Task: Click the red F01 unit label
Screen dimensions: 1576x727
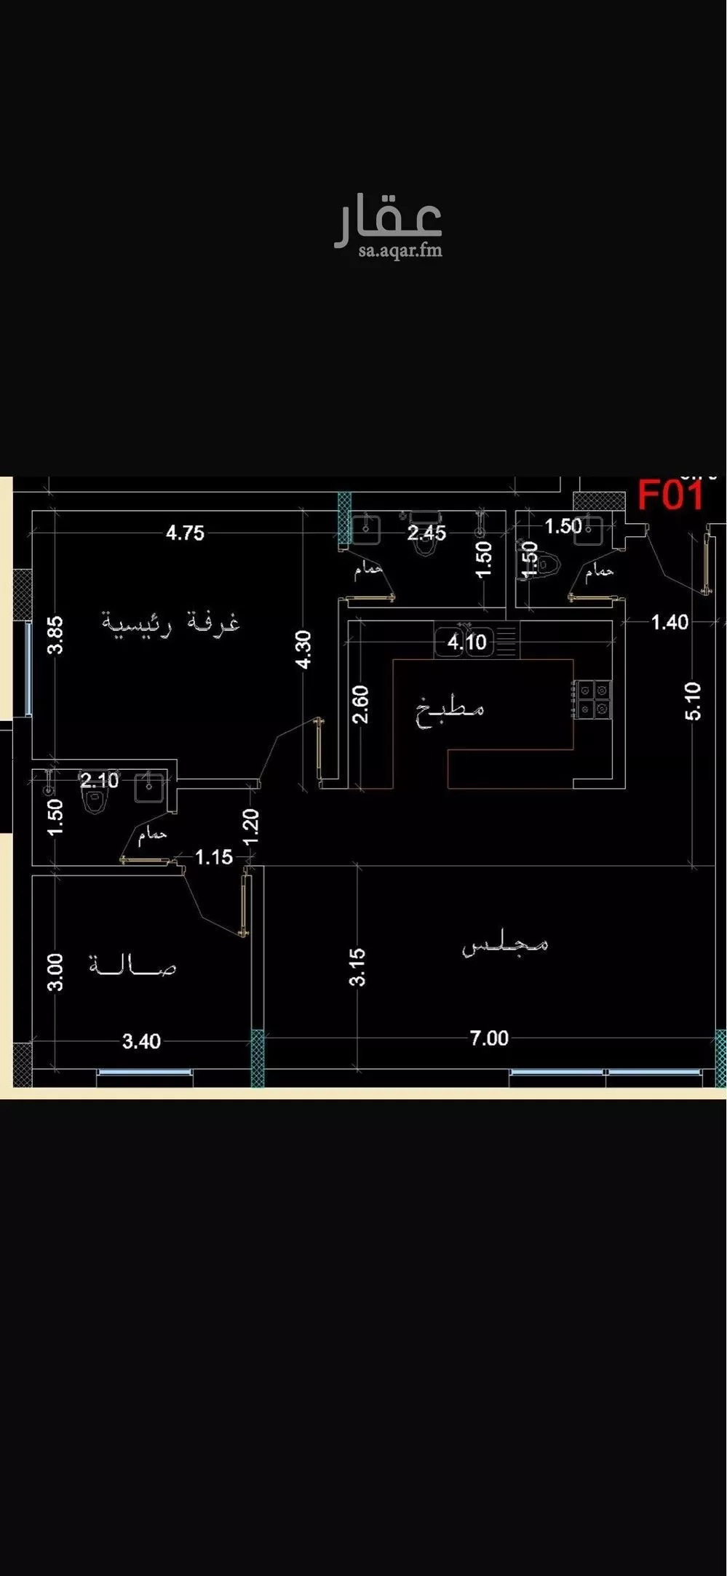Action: click(670, 496)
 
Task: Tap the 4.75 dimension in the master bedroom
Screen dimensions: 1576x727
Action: click(185, 533)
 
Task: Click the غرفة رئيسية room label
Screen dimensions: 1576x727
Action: click(170, 624)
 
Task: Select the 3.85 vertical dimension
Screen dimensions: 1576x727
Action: click(56, 634)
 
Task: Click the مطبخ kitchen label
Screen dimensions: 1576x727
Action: click(450, 709)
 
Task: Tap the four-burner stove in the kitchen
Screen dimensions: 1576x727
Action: click(592, 699)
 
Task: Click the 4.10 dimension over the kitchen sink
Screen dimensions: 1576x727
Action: click(466, 642)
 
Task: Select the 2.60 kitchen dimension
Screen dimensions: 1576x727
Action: click(360, 704)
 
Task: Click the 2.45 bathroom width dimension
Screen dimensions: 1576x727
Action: click(426, 533)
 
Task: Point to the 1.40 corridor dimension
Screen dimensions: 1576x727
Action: click(669, 622)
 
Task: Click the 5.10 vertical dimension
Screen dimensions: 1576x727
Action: click(694, 701)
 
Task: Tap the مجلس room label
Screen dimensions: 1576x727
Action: click(506, 945)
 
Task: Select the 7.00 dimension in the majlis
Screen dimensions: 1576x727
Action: click(489, 1038)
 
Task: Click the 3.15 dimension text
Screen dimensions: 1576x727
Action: click(357, 967)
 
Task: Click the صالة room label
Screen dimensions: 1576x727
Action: click(132, 967)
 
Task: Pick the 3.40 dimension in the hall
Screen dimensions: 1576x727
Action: click(141, 1041)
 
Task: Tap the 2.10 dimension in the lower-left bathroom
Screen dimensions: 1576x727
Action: click(100, 781)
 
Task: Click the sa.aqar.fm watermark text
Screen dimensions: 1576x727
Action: click(400, 251)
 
